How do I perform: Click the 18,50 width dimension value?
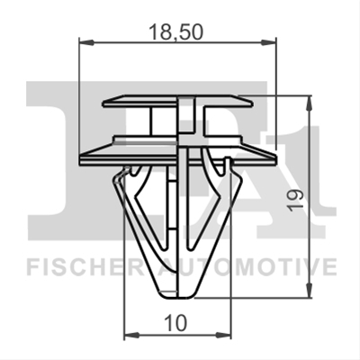[176, 32]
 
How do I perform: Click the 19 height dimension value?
[296, 200]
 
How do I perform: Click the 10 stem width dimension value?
[176, 323]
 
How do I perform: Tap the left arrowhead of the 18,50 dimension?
[86, 42]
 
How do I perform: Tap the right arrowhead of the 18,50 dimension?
[268, 42]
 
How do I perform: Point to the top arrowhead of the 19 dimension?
[309, 103]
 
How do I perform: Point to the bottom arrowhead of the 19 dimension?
[309, 291]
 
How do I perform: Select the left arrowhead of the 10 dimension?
[131, 334]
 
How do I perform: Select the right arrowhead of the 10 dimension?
[224, 334]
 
